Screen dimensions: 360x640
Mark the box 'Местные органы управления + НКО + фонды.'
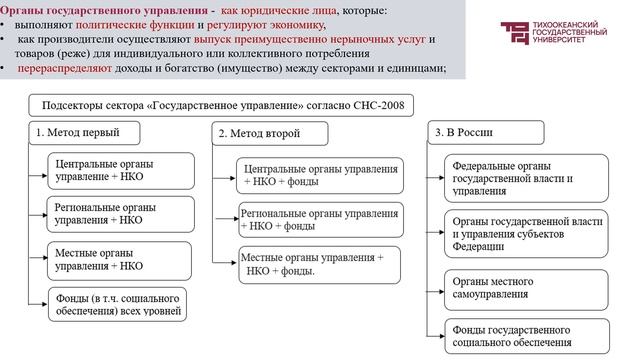[318, 263]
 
